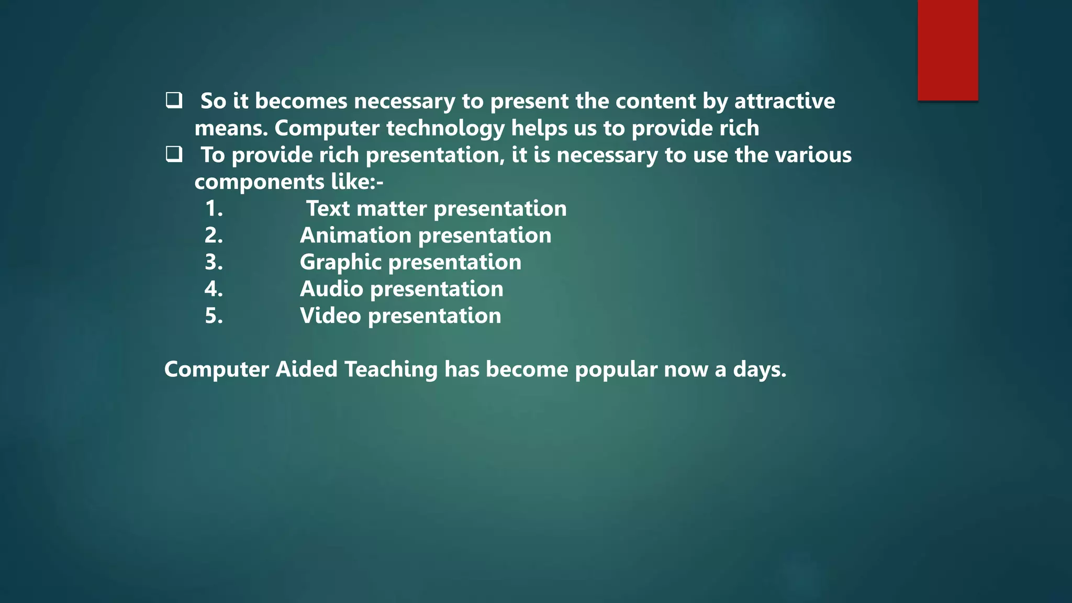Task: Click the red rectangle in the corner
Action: click(947, 50)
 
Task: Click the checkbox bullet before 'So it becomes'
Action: click(174, 100)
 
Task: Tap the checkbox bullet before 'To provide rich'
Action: click(174, 154)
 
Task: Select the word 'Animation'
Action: click(355, 235)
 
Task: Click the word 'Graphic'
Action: click(340, 262)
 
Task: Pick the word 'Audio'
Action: click(331, 289)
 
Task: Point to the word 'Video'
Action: click(330, 316)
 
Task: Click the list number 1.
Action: click(214, 208)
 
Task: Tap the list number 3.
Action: click(214, 262)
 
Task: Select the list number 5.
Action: click(214, 316)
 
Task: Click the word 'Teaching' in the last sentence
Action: click(390, 370)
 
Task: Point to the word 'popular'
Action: click(616, 370)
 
